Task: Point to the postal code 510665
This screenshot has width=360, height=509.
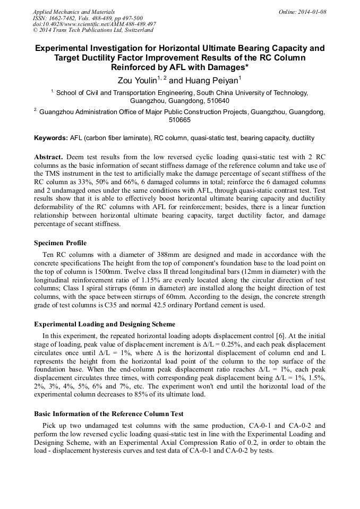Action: [179, 120]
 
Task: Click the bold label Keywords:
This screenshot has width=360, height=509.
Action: [51, 138]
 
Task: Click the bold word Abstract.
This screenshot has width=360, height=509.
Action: [49, 158]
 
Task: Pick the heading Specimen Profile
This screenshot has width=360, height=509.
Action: [60, 244]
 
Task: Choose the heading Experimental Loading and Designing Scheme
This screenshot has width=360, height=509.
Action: [105, 324]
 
